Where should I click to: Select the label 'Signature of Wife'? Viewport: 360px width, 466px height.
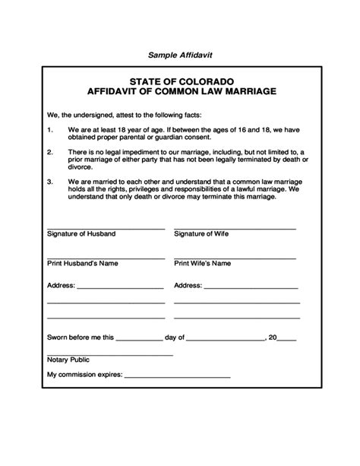click(201, 234)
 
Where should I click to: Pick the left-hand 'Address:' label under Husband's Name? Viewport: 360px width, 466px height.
click(61, 287)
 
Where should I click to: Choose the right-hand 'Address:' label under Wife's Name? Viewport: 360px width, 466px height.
click(188, 287)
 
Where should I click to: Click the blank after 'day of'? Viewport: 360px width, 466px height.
click(226, 338)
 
